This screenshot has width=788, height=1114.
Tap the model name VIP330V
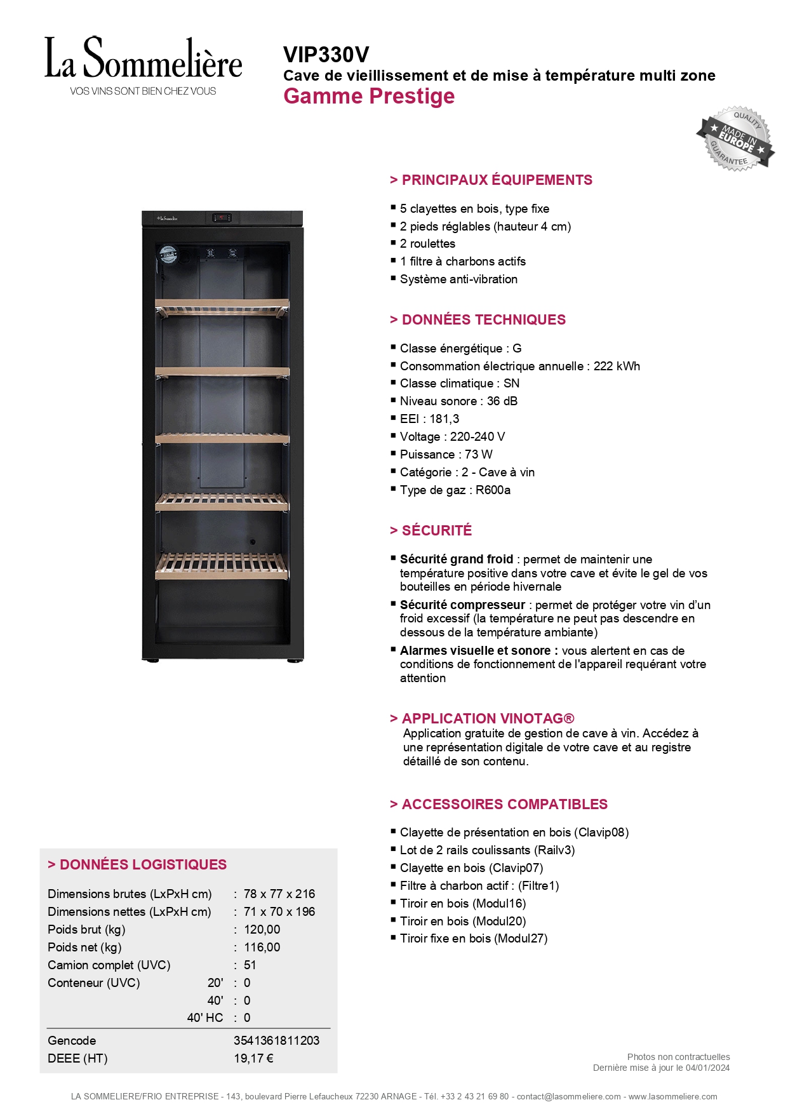(326, 55)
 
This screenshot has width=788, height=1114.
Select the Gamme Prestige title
(369, 97)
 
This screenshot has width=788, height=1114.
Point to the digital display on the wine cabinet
(222, 218)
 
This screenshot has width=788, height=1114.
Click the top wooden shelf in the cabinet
(222, 307)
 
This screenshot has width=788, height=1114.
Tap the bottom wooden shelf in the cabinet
(222, 565)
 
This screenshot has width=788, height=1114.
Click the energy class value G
(517, 348)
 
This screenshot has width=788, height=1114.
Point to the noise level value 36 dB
(502, 401)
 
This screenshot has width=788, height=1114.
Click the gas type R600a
(493, 490)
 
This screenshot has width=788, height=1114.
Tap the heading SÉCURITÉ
(437, 530)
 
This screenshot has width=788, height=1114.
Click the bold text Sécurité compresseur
(462, 605)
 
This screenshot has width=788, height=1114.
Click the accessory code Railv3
(555, 850)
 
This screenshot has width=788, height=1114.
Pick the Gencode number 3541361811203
(276, 1040)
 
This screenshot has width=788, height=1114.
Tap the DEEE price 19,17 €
(253, 1058)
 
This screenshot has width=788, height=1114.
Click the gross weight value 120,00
(262, 929)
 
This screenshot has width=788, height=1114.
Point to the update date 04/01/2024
(707, 1068)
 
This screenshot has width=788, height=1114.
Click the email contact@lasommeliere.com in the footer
(568, 1096)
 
